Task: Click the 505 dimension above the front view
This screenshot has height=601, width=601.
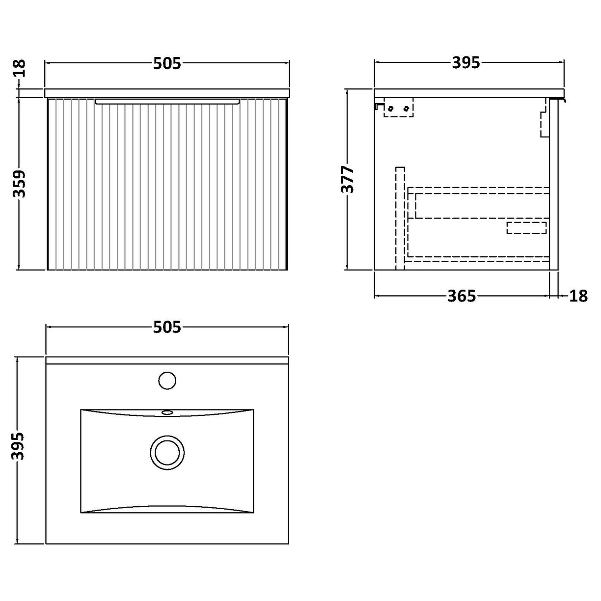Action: [x=167, y=63]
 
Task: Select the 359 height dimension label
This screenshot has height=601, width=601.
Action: [x=20, y=184]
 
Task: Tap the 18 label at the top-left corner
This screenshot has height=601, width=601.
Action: [x=20, y=69]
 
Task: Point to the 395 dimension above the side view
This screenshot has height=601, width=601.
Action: [x=465, y=63]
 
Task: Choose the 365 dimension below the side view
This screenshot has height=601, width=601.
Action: [x=462, y=296]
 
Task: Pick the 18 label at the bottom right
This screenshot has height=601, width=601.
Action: [x=578, y=296]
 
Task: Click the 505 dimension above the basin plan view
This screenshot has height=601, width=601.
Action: [x=167, y=327]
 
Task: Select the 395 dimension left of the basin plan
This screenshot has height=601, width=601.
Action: [x=18, y=446]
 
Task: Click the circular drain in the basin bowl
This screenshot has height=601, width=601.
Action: [x=167, y=450]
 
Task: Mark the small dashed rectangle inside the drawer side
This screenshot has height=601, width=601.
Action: [x=526, y=228]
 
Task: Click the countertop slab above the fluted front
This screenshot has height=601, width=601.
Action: [x=167, y=93]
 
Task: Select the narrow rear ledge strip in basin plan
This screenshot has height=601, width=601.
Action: [x=167, y=361]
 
